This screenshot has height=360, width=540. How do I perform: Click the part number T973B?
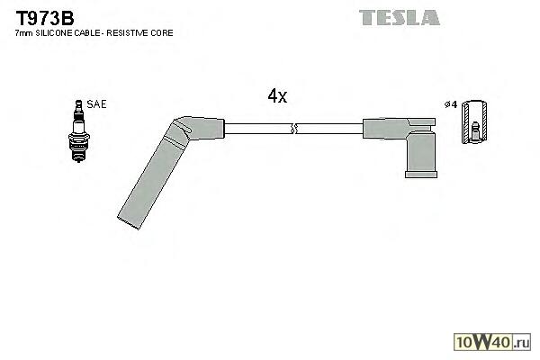pyautogui.click(x=45, y=18)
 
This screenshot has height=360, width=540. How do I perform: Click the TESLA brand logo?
pyautogui.click(x=400, y=18)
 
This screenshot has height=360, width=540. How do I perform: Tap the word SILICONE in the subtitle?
pyautogui.click(x=54, y=33)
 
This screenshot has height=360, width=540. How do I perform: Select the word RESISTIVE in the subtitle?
pyautogui.click(x=130, y=33)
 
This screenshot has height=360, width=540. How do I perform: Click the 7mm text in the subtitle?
pyautogui.click(x=24, y=33)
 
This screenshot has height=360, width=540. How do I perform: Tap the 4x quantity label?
pyautogui.click(x=277, y=95)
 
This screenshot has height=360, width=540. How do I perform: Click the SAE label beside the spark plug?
pyautogui.click(x=97, y=104)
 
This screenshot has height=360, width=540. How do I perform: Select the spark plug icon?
pyautogui.click(x=79, y=130)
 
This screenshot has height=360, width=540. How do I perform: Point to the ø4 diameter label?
pyautogui.click(x=451, y=104)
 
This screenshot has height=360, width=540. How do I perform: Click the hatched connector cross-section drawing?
pyautogui.click(x=474, y=122)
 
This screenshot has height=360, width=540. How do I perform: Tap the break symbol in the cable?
pyautogui.click(x=293, y=129)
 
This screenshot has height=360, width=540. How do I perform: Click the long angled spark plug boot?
pyautogui.click(x=171, y=172)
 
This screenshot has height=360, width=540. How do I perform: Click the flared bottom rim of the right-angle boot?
pyautogui.click(x=421, y=175)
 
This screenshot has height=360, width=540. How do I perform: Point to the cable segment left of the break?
pyautogui.click(x=258, y=129)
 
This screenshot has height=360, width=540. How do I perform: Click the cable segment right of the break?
pyautogui.click(x=329, y=129)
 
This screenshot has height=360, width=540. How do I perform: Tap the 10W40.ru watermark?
pyautogui.click(x=492, y=342)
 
